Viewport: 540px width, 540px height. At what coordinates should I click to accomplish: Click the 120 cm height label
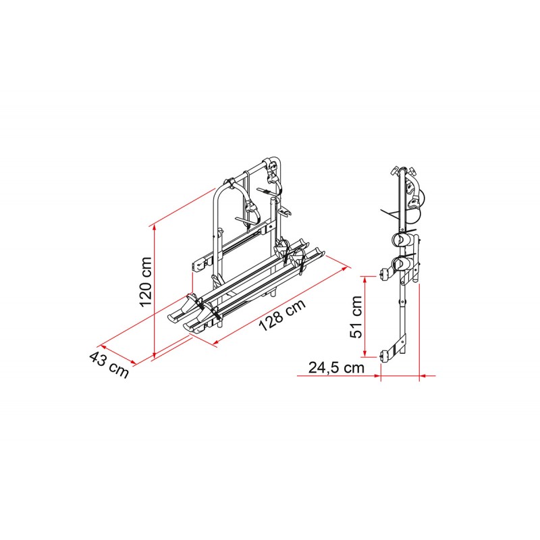click(145, 281)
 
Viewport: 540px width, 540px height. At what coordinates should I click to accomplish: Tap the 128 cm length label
click(282, 315)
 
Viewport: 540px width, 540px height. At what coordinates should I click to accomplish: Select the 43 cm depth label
click(109, 364)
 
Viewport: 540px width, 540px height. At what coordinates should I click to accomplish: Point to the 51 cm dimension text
click(356, 317)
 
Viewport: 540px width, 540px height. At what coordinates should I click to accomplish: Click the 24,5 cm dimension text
click(336, 367)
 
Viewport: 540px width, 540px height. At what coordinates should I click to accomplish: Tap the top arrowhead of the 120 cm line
click(155, 229)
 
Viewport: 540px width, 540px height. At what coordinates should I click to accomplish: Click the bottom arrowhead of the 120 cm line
click(155, 354)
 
